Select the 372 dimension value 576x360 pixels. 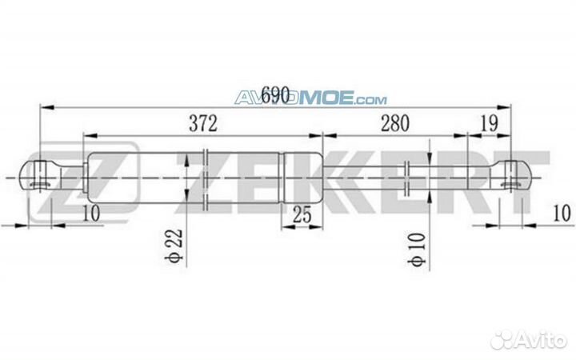(204, 123)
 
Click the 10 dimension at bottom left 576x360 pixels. (90, 213)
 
